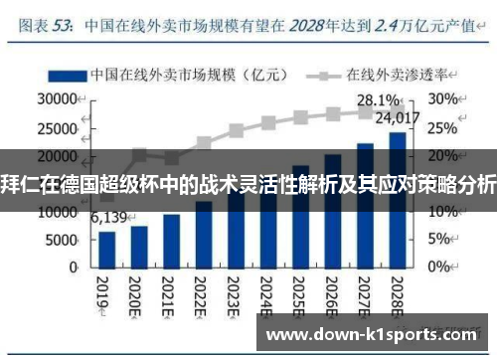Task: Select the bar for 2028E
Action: (397, 199)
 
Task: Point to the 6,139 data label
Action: (109, 218)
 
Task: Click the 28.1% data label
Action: (379, 100)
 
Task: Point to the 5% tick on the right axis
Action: (440, 239)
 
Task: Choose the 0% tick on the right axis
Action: (440, 267)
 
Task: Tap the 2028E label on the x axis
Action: (397, 295)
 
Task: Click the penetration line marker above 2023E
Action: (237, 130)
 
